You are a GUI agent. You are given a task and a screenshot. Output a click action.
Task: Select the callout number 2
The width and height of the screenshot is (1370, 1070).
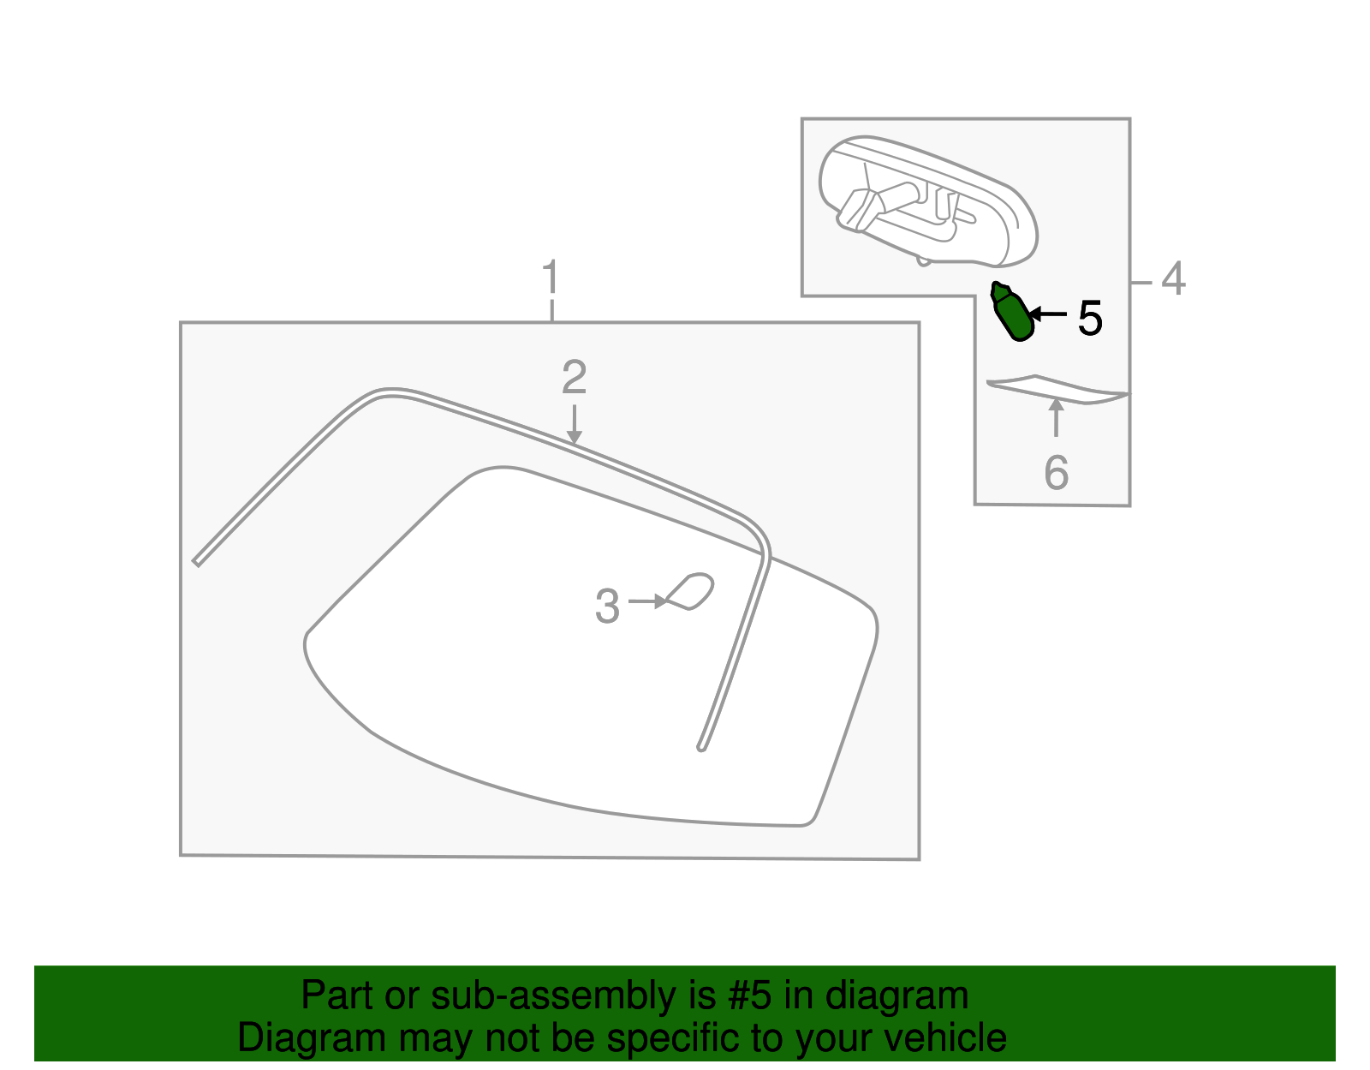click(574, 377)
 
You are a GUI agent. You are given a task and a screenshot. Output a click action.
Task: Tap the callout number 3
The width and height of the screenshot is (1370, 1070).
click(607, 606)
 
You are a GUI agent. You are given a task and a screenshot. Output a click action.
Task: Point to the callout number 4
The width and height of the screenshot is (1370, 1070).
click(1173, 278)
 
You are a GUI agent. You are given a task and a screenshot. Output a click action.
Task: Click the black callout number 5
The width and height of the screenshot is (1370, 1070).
click(1090, 319)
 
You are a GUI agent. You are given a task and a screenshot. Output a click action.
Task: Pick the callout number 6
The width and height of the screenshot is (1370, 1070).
click(1057, 473)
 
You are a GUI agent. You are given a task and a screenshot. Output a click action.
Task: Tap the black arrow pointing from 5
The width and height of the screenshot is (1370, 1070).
click(1047, 314)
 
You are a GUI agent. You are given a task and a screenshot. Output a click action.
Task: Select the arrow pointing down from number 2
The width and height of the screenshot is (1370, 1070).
click(574, 424)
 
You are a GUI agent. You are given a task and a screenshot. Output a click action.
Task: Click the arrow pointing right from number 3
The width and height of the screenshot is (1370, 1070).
click(647, 601)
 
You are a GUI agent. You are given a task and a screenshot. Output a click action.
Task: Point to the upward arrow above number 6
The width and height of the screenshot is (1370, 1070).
click(1056, 418)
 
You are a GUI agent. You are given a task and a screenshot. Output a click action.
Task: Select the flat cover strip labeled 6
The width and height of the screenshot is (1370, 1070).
click(1058, 391)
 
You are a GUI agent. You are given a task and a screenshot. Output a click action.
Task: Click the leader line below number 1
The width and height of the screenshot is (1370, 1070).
click(551, 311)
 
